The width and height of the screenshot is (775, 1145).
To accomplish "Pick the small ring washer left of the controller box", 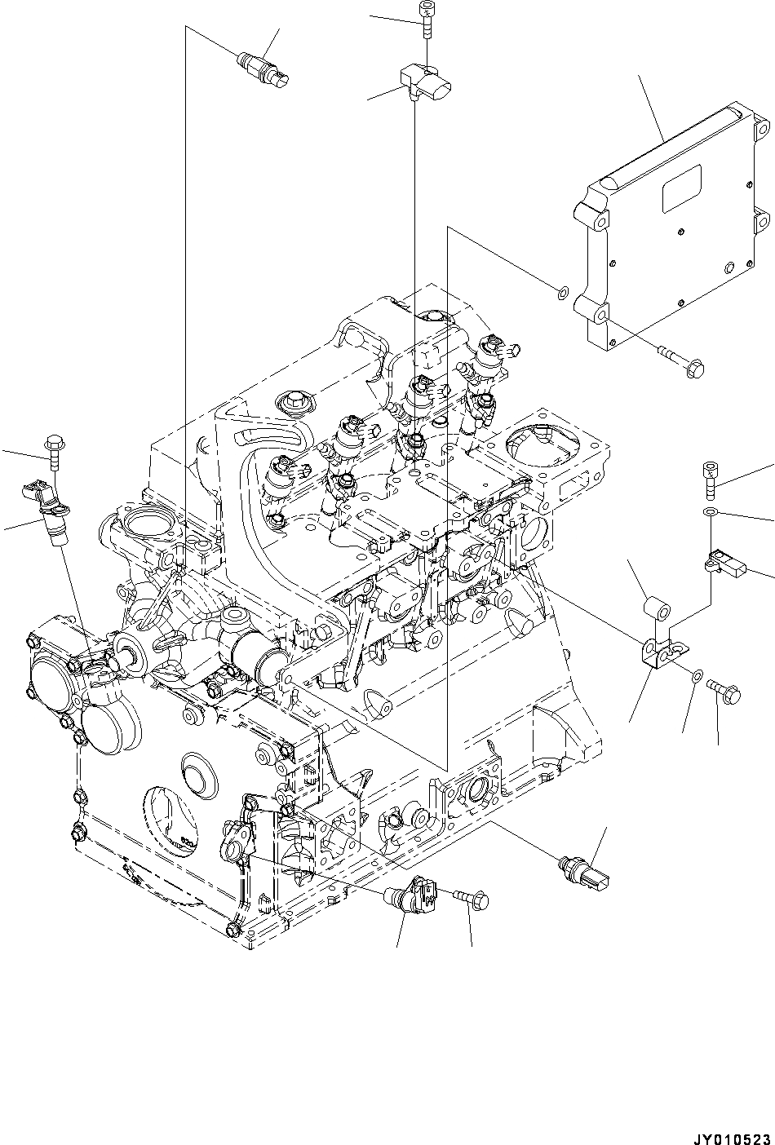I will pos(562,290).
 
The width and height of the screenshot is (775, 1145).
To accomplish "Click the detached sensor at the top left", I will pos(263,69).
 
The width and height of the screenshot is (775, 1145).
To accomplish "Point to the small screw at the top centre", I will pos(425,19).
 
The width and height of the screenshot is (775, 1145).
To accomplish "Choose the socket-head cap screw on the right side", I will pos(710,479).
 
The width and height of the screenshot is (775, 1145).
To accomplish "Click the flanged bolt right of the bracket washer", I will pos(724,691).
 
